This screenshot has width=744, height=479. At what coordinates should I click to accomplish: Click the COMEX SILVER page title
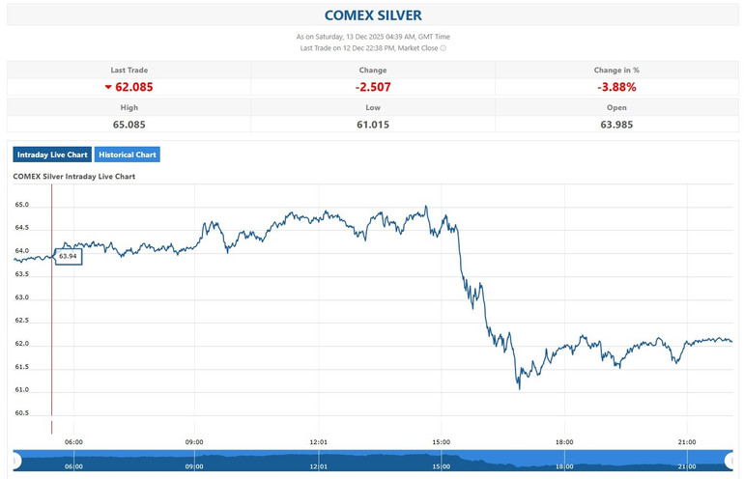[372, 15]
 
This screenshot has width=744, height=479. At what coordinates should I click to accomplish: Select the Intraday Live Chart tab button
[52, 155]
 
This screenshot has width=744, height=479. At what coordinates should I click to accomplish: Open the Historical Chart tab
[128, 155]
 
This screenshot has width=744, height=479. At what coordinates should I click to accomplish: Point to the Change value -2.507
[372, 87]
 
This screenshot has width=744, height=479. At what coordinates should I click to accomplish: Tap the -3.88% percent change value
[616, 87]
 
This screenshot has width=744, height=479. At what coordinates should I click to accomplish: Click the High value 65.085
[129, 124]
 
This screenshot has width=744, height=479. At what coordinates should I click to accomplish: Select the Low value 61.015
[372, 124]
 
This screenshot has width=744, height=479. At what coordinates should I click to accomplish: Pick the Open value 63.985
[616, 124]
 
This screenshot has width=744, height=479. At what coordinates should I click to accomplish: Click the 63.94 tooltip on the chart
[68, 256]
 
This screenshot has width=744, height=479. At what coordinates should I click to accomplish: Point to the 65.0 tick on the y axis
[21, 205]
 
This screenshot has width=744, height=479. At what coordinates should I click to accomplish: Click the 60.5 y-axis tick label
[21, 413]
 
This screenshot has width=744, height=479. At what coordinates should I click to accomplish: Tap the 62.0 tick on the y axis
[21, 344]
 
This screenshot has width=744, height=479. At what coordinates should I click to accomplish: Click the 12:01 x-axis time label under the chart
[318, 442]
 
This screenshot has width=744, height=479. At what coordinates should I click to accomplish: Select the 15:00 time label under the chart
[441, 442]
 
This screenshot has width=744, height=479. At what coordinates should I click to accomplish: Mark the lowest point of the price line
[519, 388]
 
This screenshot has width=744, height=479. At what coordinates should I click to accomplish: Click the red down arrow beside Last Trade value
[108, 87]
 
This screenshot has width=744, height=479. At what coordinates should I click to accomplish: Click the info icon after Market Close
[443, 47]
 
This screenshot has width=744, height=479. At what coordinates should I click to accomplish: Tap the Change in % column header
[616, 70]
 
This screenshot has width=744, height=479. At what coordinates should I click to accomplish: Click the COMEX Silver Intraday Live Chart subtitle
[73, 177]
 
